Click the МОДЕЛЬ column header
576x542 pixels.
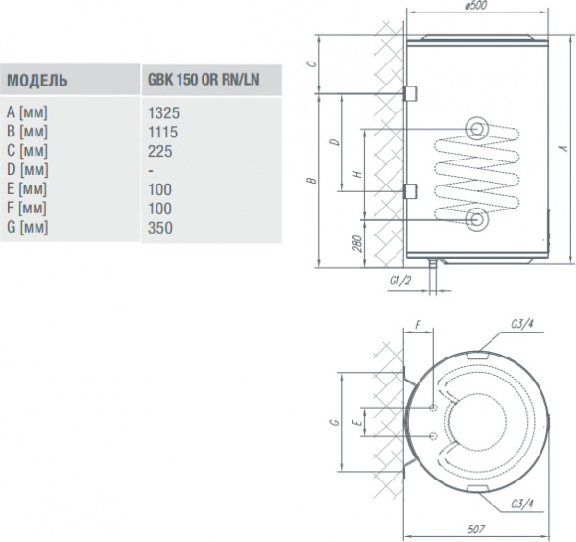36,80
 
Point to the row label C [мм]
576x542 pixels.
27,150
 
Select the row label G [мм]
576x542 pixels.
27,227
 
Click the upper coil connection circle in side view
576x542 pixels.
477,129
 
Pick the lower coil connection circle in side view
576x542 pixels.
477,220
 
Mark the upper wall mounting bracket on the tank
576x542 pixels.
410,93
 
